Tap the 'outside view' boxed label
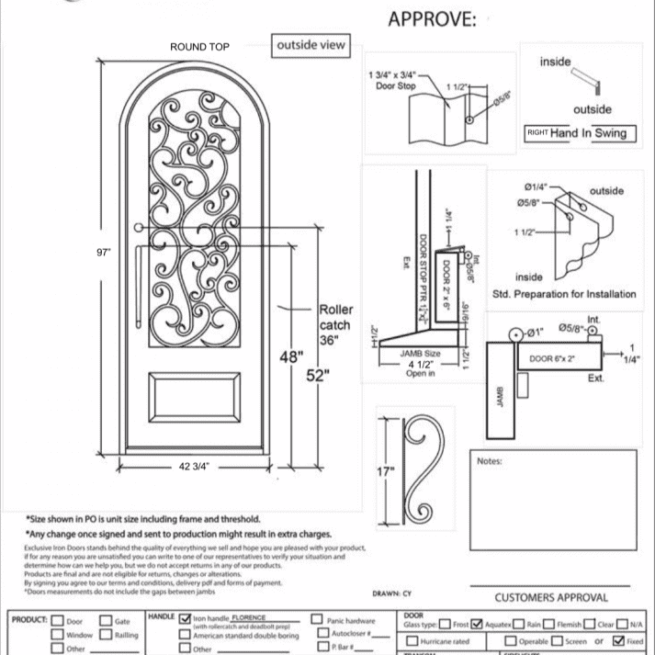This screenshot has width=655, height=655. pos(311,45)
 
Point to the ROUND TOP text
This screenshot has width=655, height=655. pos(199,47)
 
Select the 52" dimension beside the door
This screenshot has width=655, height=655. pos(318,377)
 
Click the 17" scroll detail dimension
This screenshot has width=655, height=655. pos(385,471)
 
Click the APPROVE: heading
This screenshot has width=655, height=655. pos(433,19)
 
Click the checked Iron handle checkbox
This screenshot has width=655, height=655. pos(186,620)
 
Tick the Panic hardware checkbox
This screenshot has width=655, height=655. pos(317,620)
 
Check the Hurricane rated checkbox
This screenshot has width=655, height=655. pos(412,640)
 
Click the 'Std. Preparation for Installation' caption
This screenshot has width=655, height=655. pos(564,294)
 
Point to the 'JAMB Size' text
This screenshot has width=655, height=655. pos(421,353)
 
